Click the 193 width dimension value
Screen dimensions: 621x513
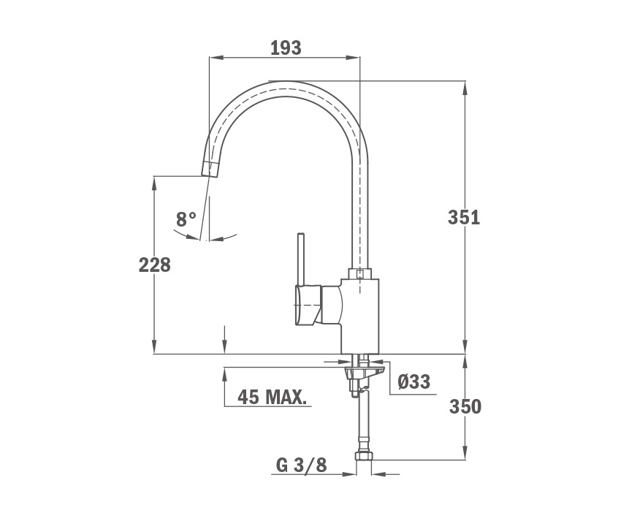[x=286, y=48]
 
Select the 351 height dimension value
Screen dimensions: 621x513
[x=464, y=218]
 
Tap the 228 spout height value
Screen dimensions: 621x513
[x=154, y=265]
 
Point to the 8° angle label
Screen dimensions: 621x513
[x=186, y=219]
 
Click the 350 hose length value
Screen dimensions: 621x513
[x=465, y=406]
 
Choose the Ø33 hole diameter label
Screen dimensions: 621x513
[x=414, y=382]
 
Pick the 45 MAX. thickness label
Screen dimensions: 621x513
[x=272, y=397]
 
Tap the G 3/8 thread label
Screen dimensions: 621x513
[x=302, y=465]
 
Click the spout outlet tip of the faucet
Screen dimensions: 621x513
[x=209, y=170]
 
